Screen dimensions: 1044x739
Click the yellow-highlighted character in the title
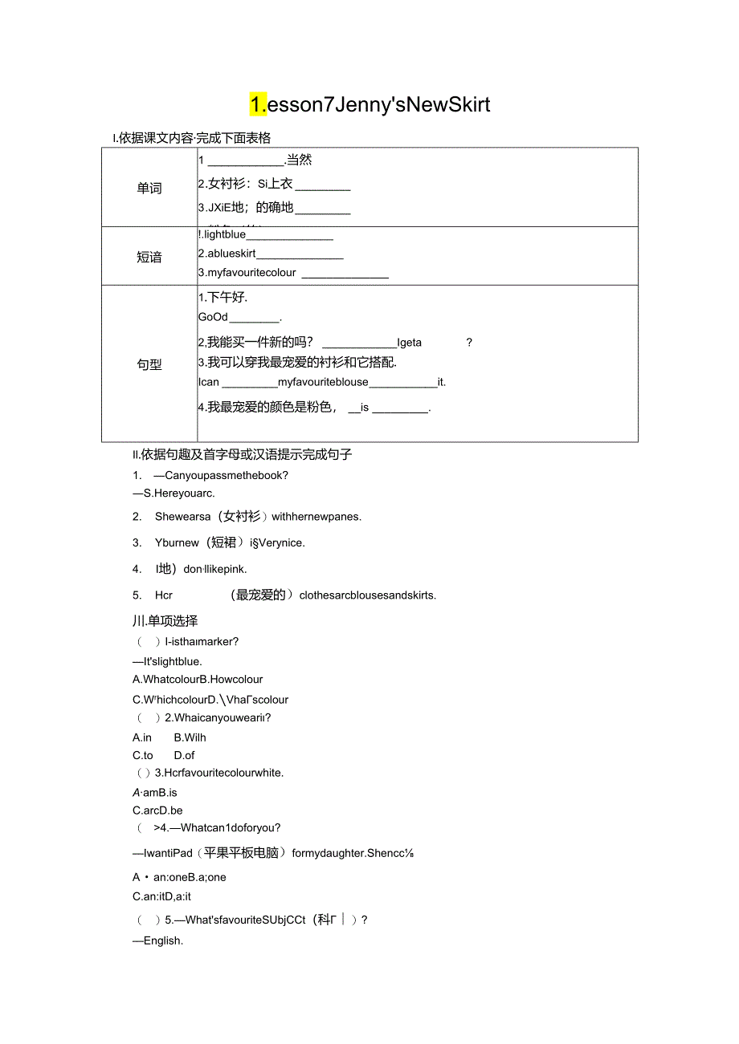pyautogui.click(x=258, y=104)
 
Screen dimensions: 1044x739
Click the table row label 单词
pyautogui.click(x=149, y=189)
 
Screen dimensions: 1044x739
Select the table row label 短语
pyautogui.click(x=149, y=258)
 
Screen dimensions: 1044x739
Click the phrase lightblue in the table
pyautogui.click(x=225, y=234)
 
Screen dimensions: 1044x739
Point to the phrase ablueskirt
pyautogui.click(x=227, y=254)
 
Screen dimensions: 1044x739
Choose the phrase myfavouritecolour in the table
pyautogui.click(x=247, y=273)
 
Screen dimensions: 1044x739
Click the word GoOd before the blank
pyautogui.click(x=213, y=317)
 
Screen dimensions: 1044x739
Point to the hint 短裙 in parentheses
pyautogui.click(x=223, y=543)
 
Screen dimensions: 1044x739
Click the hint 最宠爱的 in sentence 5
pyautogui.click(x=258, y=595)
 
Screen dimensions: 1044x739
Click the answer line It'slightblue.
pyautogui.click(x=172, y=661)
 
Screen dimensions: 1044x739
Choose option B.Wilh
pyautogui.click(x=190, y=737)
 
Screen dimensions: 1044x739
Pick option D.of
pyautogui.click(x=184, y=755)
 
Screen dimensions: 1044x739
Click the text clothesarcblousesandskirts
pyautogui.click(x=367, y=595)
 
